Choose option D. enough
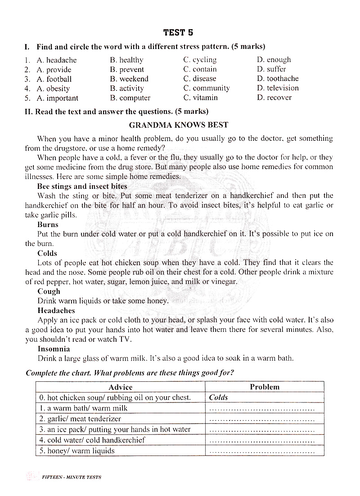pos(274,59)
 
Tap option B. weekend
pos(129,79)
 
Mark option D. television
pos(278,88)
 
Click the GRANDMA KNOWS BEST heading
pos(179,125)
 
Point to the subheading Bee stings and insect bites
pos(82,186)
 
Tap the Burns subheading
pos(48,224)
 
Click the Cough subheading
pos(49,291)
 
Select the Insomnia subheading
pos(54,349)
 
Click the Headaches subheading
pos(56,311)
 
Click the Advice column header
pos(121,387)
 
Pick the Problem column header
pos(265,387)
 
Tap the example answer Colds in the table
pos(219,398)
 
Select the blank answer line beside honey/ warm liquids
pos(262,451)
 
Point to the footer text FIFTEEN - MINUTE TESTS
pos(71,477)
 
